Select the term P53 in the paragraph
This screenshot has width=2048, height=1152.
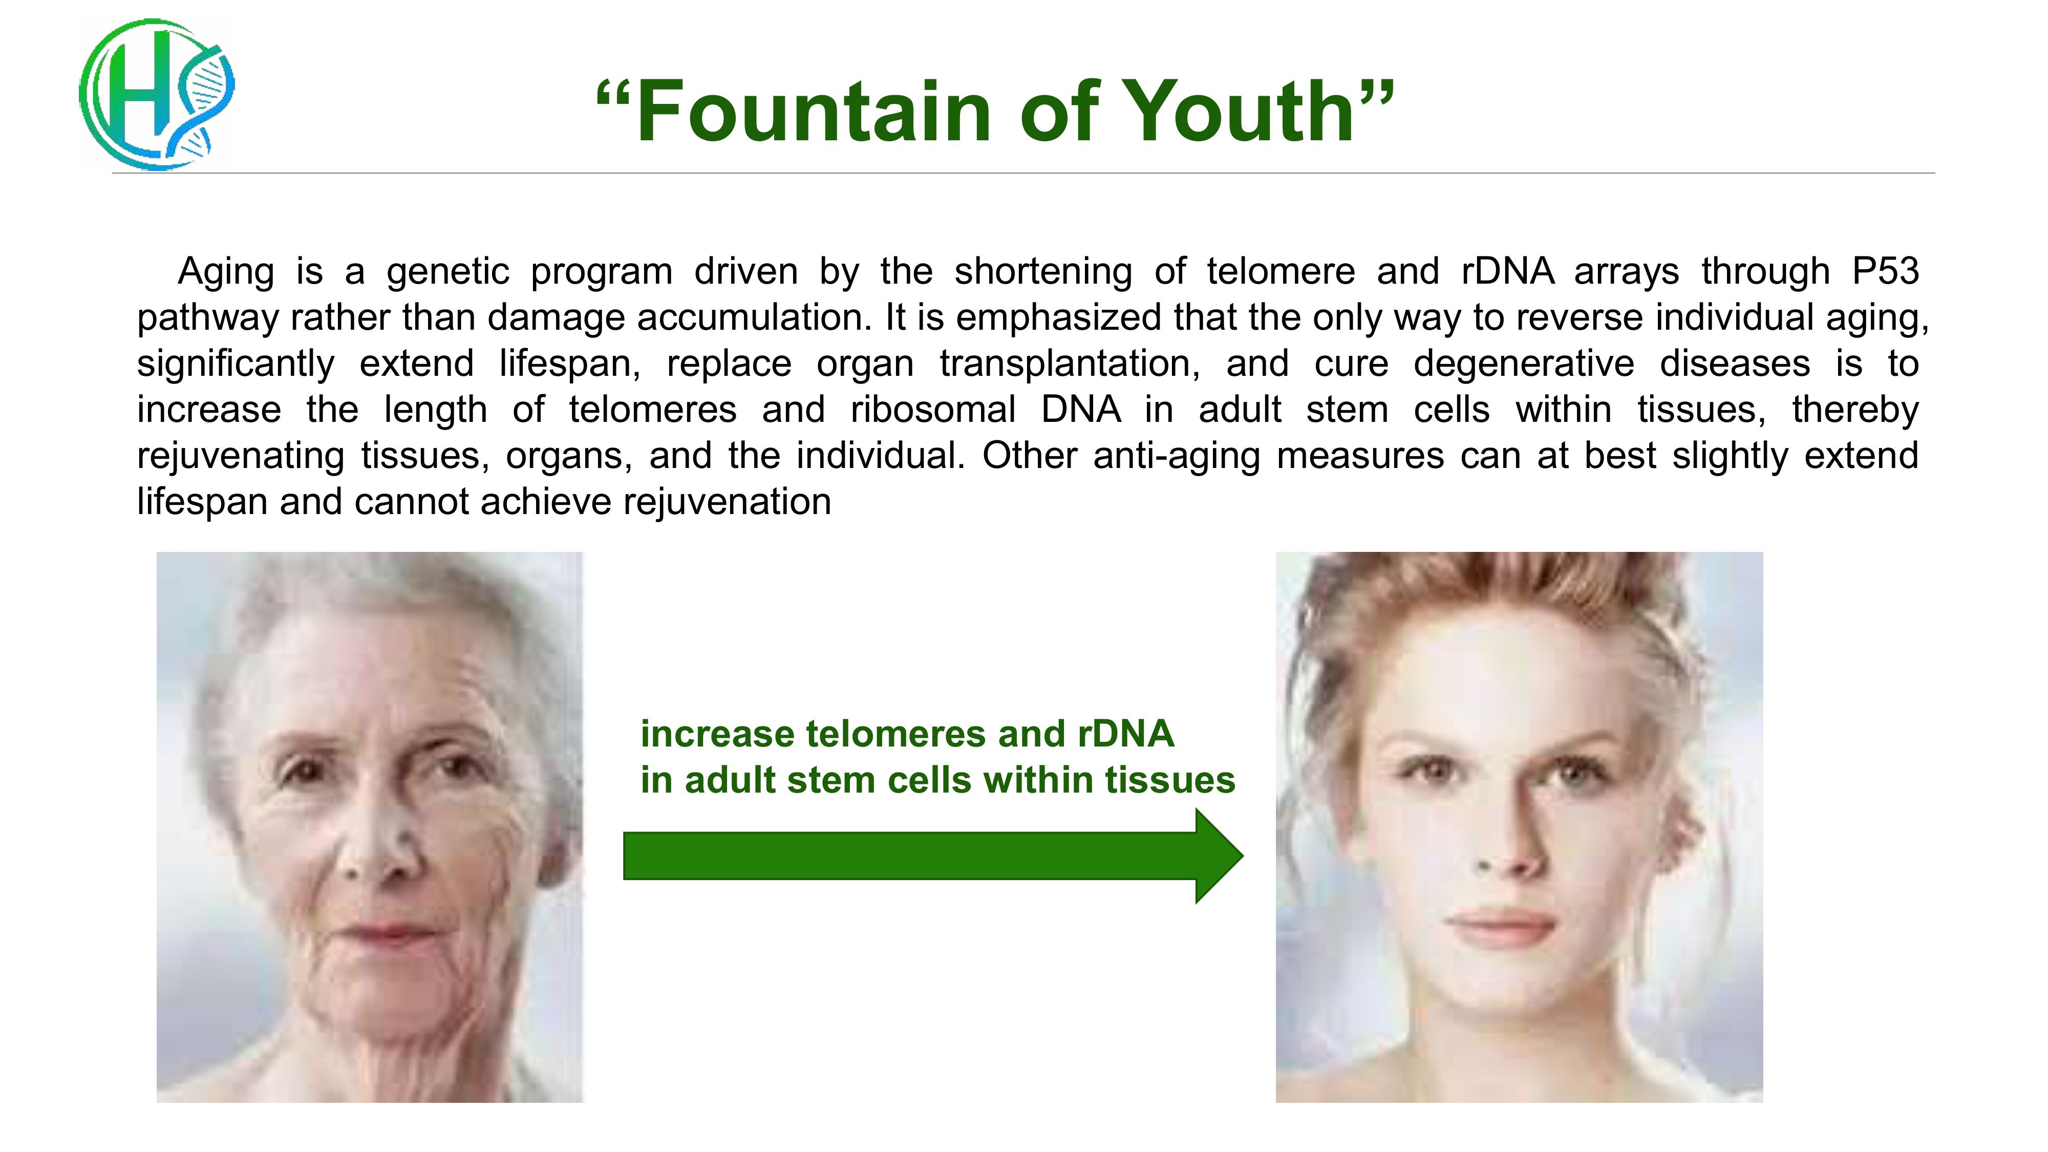1885,272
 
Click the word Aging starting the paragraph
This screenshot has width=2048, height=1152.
226,272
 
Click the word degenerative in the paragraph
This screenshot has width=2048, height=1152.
1523,364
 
